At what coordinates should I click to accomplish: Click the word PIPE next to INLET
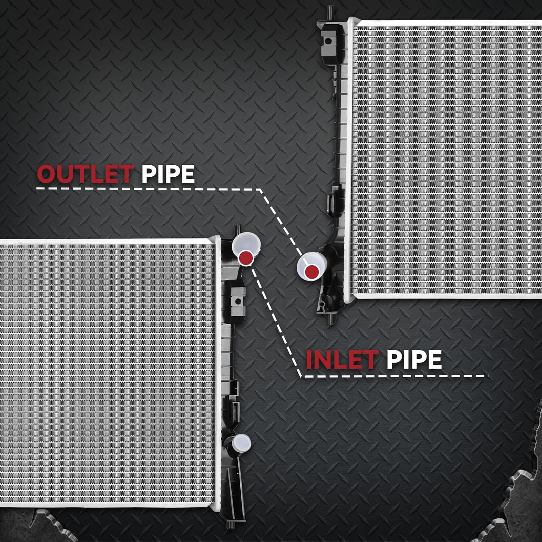pos(414,360)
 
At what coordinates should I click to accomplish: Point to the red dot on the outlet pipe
pos(311,272)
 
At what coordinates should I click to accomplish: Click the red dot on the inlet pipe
pos(246,258)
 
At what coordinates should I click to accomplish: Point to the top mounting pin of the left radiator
pos(238,230)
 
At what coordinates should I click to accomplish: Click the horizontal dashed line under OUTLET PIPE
pos(149,189)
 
